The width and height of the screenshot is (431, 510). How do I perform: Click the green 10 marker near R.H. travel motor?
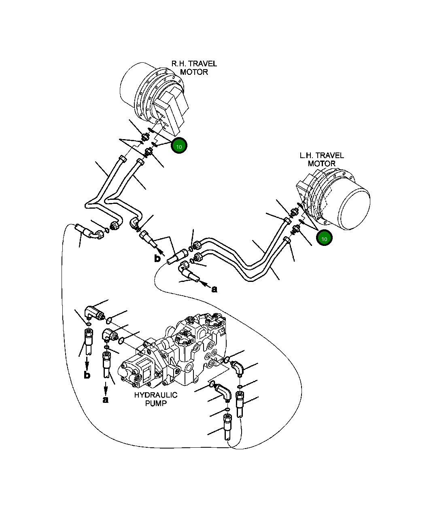pyautogui.click(x=179, y=146)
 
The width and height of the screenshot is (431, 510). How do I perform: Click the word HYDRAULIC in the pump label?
pyautogui.click(x=155, y=395)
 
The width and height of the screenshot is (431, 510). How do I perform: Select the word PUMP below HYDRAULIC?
pyautogui.click(x=155, y=404)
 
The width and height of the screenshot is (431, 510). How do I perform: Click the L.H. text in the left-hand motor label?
pyautogui.click(x=308, y=156)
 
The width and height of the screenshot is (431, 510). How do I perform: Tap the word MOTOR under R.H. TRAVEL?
pyautogui.click(x=194, y=72)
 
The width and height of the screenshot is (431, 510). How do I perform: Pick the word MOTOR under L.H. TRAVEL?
pyautogui.click(x=321, y=164)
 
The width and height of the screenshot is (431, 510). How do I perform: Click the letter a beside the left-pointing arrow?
pyautogui.click(x=214, y=289)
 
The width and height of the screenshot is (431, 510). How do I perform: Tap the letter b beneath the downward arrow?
pyautogui.click(x=87, y=375)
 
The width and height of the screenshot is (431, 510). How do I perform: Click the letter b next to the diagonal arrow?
pyautogui.click(x=157, y=258)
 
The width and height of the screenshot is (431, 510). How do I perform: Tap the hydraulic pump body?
pyautogui.click(x=178, y=356)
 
